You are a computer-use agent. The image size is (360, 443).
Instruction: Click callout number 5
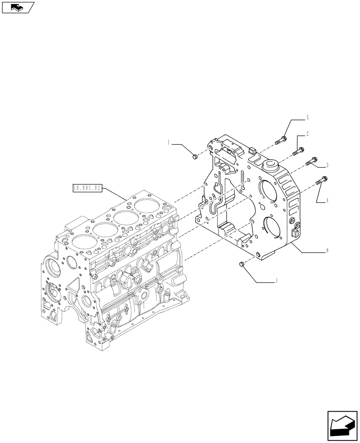[x=307, y=118]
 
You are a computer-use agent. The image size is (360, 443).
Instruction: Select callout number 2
[x=307, y=133]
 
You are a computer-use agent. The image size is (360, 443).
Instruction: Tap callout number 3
[x=327, y=165]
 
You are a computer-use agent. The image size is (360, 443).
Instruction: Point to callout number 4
[x=327, y=201]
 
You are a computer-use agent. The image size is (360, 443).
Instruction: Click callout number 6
[x=327, y=250]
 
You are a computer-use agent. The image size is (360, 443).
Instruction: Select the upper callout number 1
[x=169, y=143]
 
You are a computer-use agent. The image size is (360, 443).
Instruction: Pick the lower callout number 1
[x=277, y=280]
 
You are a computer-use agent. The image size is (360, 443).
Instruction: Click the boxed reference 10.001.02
[x=87, y=188]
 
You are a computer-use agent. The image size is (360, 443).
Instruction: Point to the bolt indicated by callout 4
[x=321, y=181]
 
